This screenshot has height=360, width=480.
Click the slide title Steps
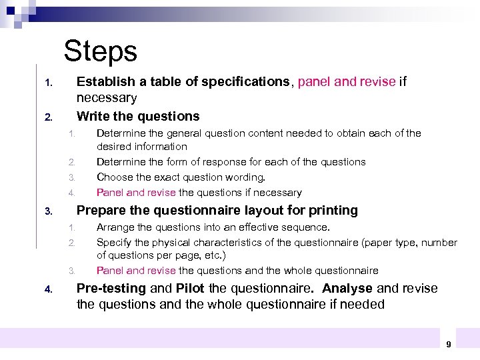(100, 51)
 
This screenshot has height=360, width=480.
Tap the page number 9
(448, 344)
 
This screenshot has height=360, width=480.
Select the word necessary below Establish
(107, 98)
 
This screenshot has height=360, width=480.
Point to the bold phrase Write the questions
(138, 116)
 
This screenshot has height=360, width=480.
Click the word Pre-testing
(111, 289)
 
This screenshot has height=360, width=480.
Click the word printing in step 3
(333, 211)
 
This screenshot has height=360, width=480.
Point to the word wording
(246, 177)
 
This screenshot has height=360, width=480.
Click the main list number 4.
(48, 290)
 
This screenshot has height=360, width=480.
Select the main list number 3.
(48, 212)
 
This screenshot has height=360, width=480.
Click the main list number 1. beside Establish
(48, 83)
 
